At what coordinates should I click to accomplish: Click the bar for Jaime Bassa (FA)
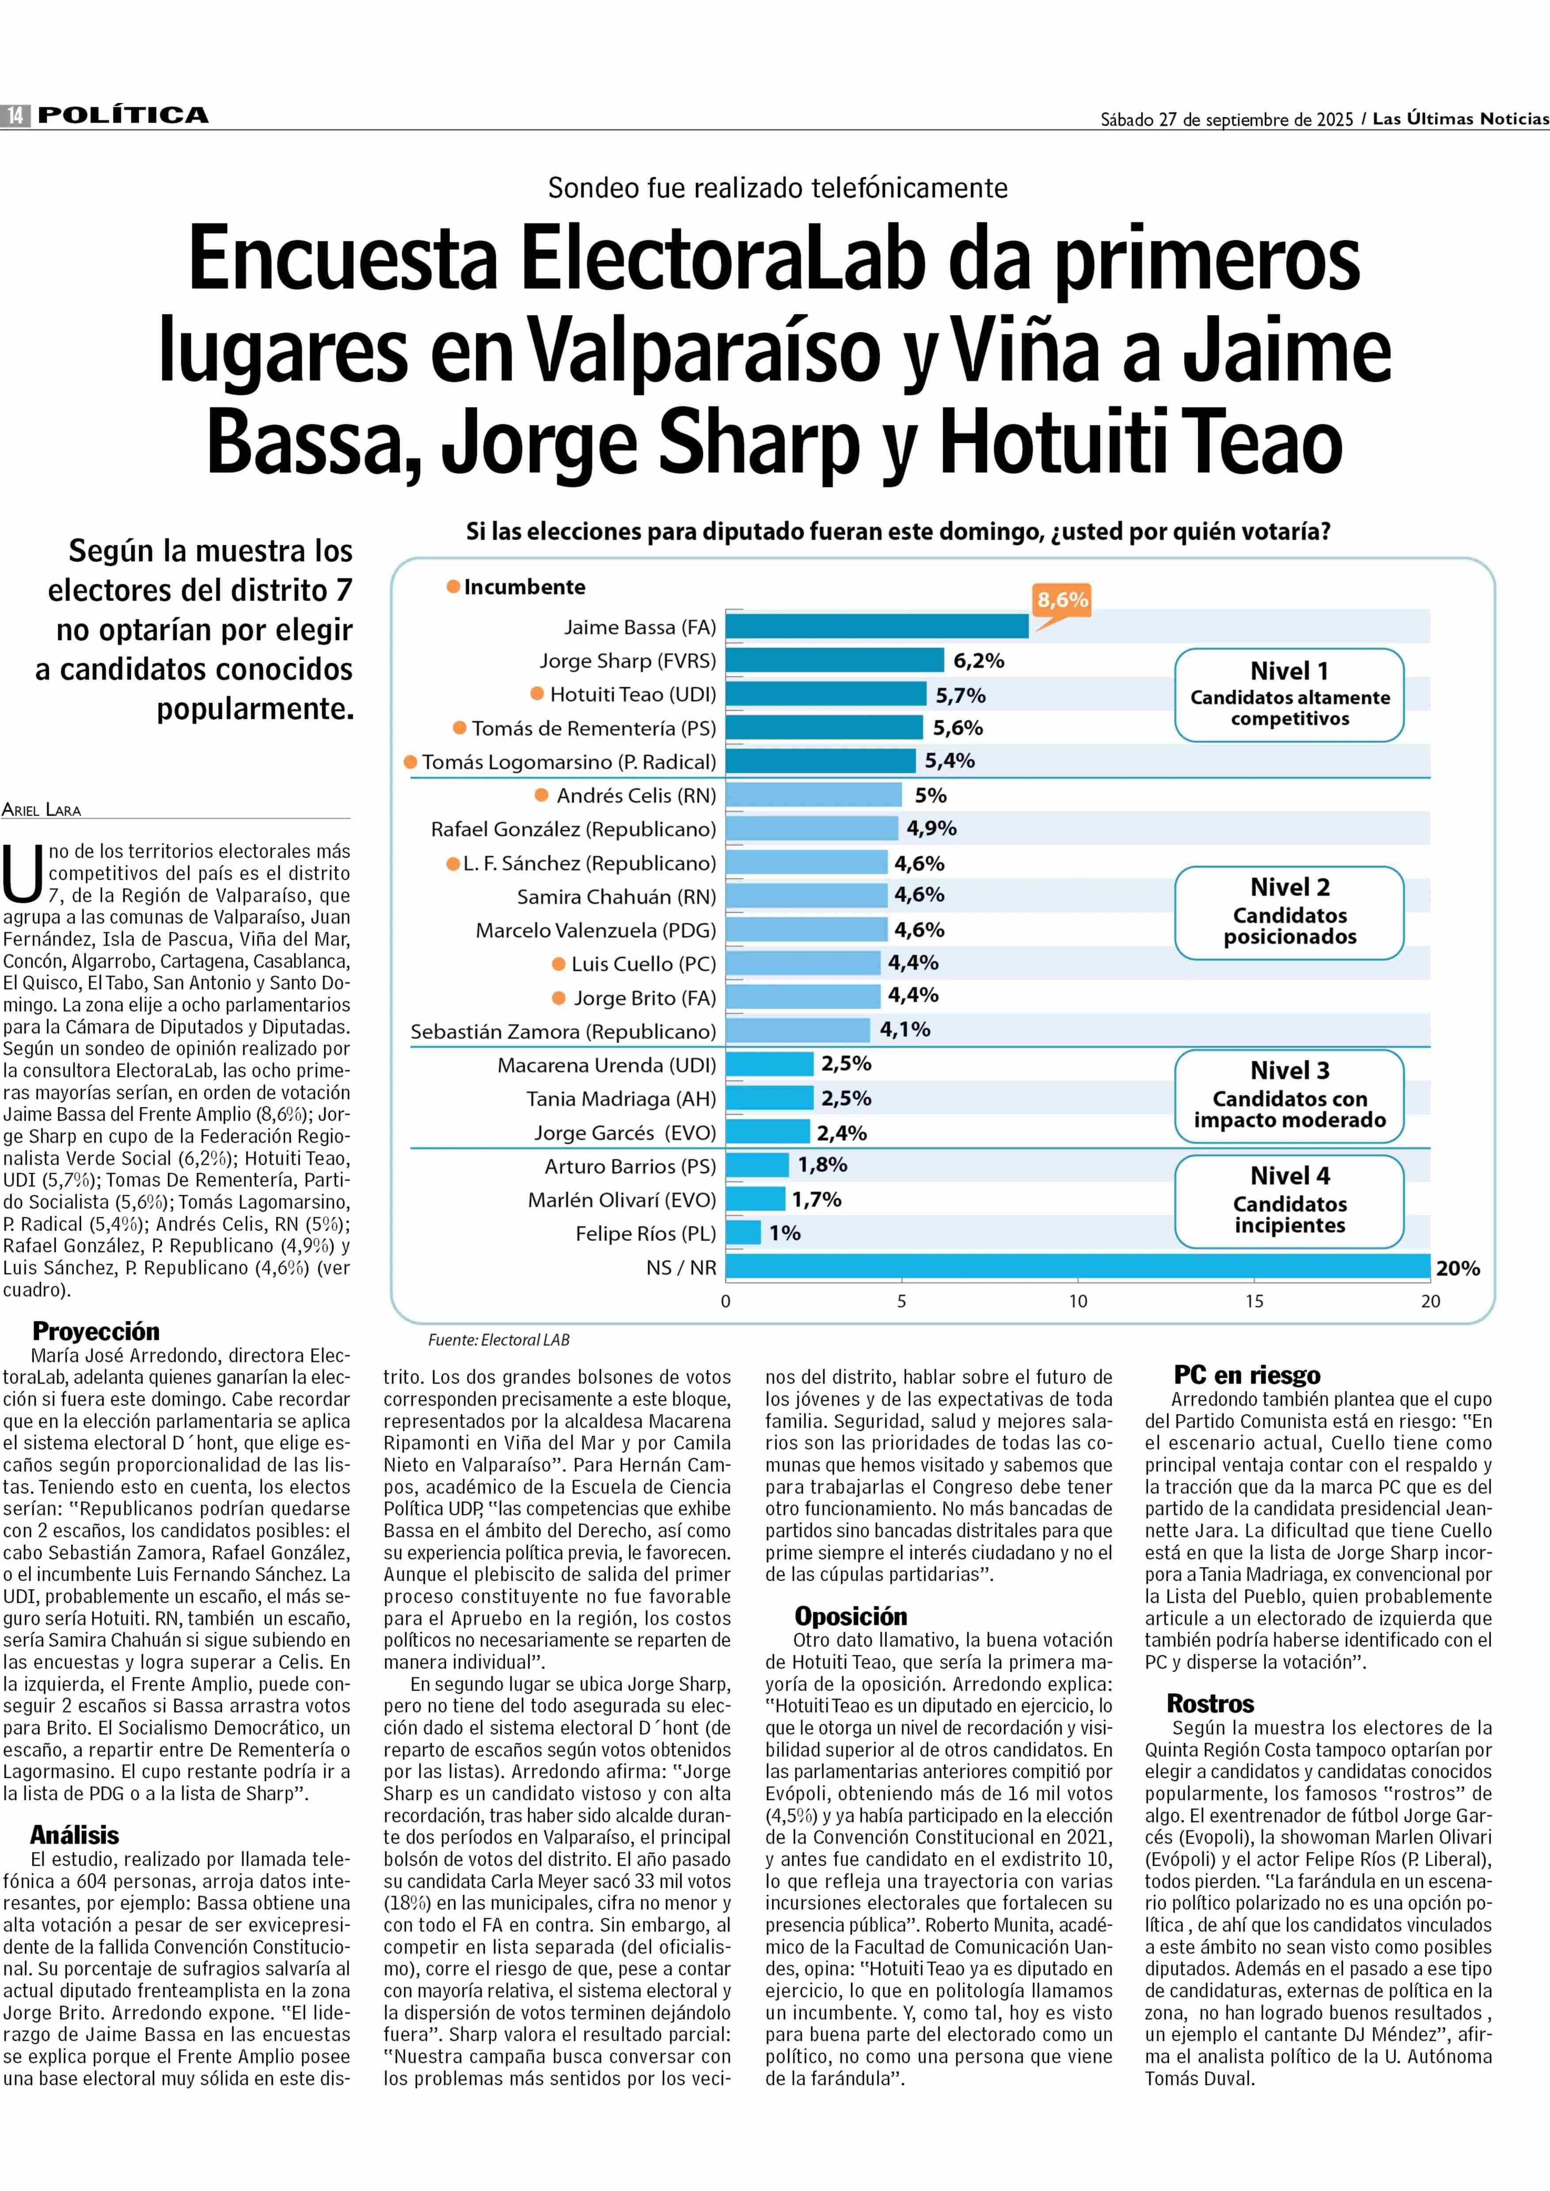(x=876, y=626)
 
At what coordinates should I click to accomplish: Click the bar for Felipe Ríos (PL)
(x=744, y=1232)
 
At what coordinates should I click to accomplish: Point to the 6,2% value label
(x=978, y=661)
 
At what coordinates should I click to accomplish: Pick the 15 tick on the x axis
(x=1253, y=1301)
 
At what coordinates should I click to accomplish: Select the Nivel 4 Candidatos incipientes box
(x=1288, y=1201)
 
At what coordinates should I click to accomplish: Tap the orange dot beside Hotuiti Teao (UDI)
(x=537, y=694)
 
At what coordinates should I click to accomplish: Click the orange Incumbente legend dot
(x=453, y=586)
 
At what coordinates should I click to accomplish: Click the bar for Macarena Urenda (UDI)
(x=769, y=1065)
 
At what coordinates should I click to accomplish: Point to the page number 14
(x=15, y=115)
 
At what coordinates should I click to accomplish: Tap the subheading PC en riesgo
(x=1246, y=1375)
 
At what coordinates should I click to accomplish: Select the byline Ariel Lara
(x=42, y=810)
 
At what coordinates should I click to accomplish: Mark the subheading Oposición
(x=851, y=1616)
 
